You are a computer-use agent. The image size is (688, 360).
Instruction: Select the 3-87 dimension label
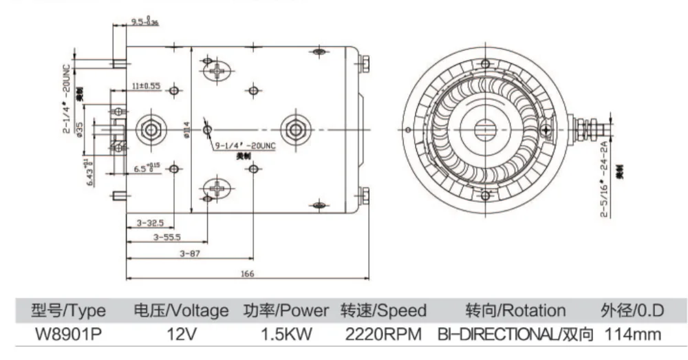(x=189, y=253)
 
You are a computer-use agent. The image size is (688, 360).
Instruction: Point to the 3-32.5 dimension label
(x=149, y=223)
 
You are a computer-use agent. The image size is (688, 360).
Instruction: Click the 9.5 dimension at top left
(x=144, y=23)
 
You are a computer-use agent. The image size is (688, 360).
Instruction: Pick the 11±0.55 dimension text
(x=146, y=86)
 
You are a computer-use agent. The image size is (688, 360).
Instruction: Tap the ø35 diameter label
(x=80, y=128)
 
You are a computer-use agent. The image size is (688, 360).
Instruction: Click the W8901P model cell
(x=67, y=335)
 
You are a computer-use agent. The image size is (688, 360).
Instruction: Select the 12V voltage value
(x=180, y=335)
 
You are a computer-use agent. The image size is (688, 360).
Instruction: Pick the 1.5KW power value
(x=286, y=335)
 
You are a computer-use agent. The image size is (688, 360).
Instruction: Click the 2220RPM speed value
(x=383, y=335)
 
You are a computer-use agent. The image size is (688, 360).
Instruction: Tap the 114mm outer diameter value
(x=633, y=335)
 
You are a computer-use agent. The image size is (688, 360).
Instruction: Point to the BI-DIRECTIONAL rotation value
(x=515, y=335)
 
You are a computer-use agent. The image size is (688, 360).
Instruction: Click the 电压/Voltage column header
(x=180, y=310)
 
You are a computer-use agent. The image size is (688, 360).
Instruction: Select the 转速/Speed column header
(x=383, y=310)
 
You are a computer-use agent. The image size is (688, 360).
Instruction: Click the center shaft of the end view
(x=487, y=128)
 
